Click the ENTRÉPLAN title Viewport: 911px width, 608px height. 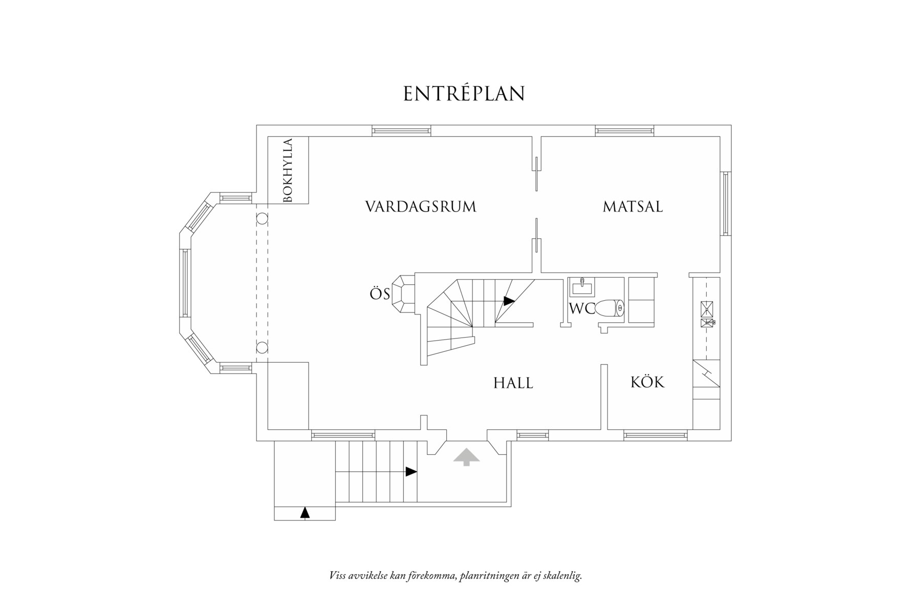(464, 94)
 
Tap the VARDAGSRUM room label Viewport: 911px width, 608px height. (421, 207)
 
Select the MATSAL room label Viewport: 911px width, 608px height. (633, 207)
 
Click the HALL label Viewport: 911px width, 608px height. (513, 383)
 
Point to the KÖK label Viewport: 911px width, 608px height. (647, 382)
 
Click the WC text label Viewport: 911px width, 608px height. (581, 309)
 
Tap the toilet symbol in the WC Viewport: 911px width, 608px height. (611, 308)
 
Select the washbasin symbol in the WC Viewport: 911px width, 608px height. (583, 287)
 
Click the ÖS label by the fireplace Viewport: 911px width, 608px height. (380, 294)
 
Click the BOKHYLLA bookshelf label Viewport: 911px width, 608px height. (288, 170)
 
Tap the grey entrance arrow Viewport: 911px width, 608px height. (466, 456)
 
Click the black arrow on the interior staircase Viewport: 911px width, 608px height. (508, 301)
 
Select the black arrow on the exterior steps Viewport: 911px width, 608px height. (411, 472)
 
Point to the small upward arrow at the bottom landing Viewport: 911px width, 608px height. (305, 512)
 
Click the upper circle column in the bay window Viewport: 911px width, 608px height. (262, 218)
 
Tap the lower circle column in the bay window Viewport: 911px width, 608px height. (262, 348)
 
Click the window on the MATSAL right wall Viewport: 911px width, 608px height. (725, 203)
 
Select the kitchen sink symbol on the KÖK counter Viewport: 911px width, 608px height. (706, 309)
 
